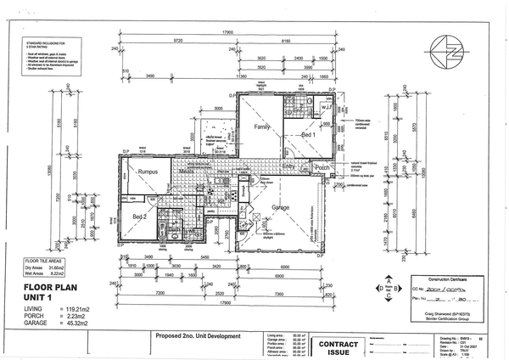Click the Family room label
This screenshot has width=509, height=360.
(x=261, y=126)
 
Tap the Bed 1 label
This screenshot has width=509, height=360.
(x=309, y=134)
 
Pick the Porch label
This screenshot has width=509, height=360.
(x=322, y=168)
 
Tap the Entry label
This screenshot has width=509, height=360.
(x=289, y=168)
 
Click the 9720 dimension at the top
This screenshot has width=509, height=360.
(x=178, y=40)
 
